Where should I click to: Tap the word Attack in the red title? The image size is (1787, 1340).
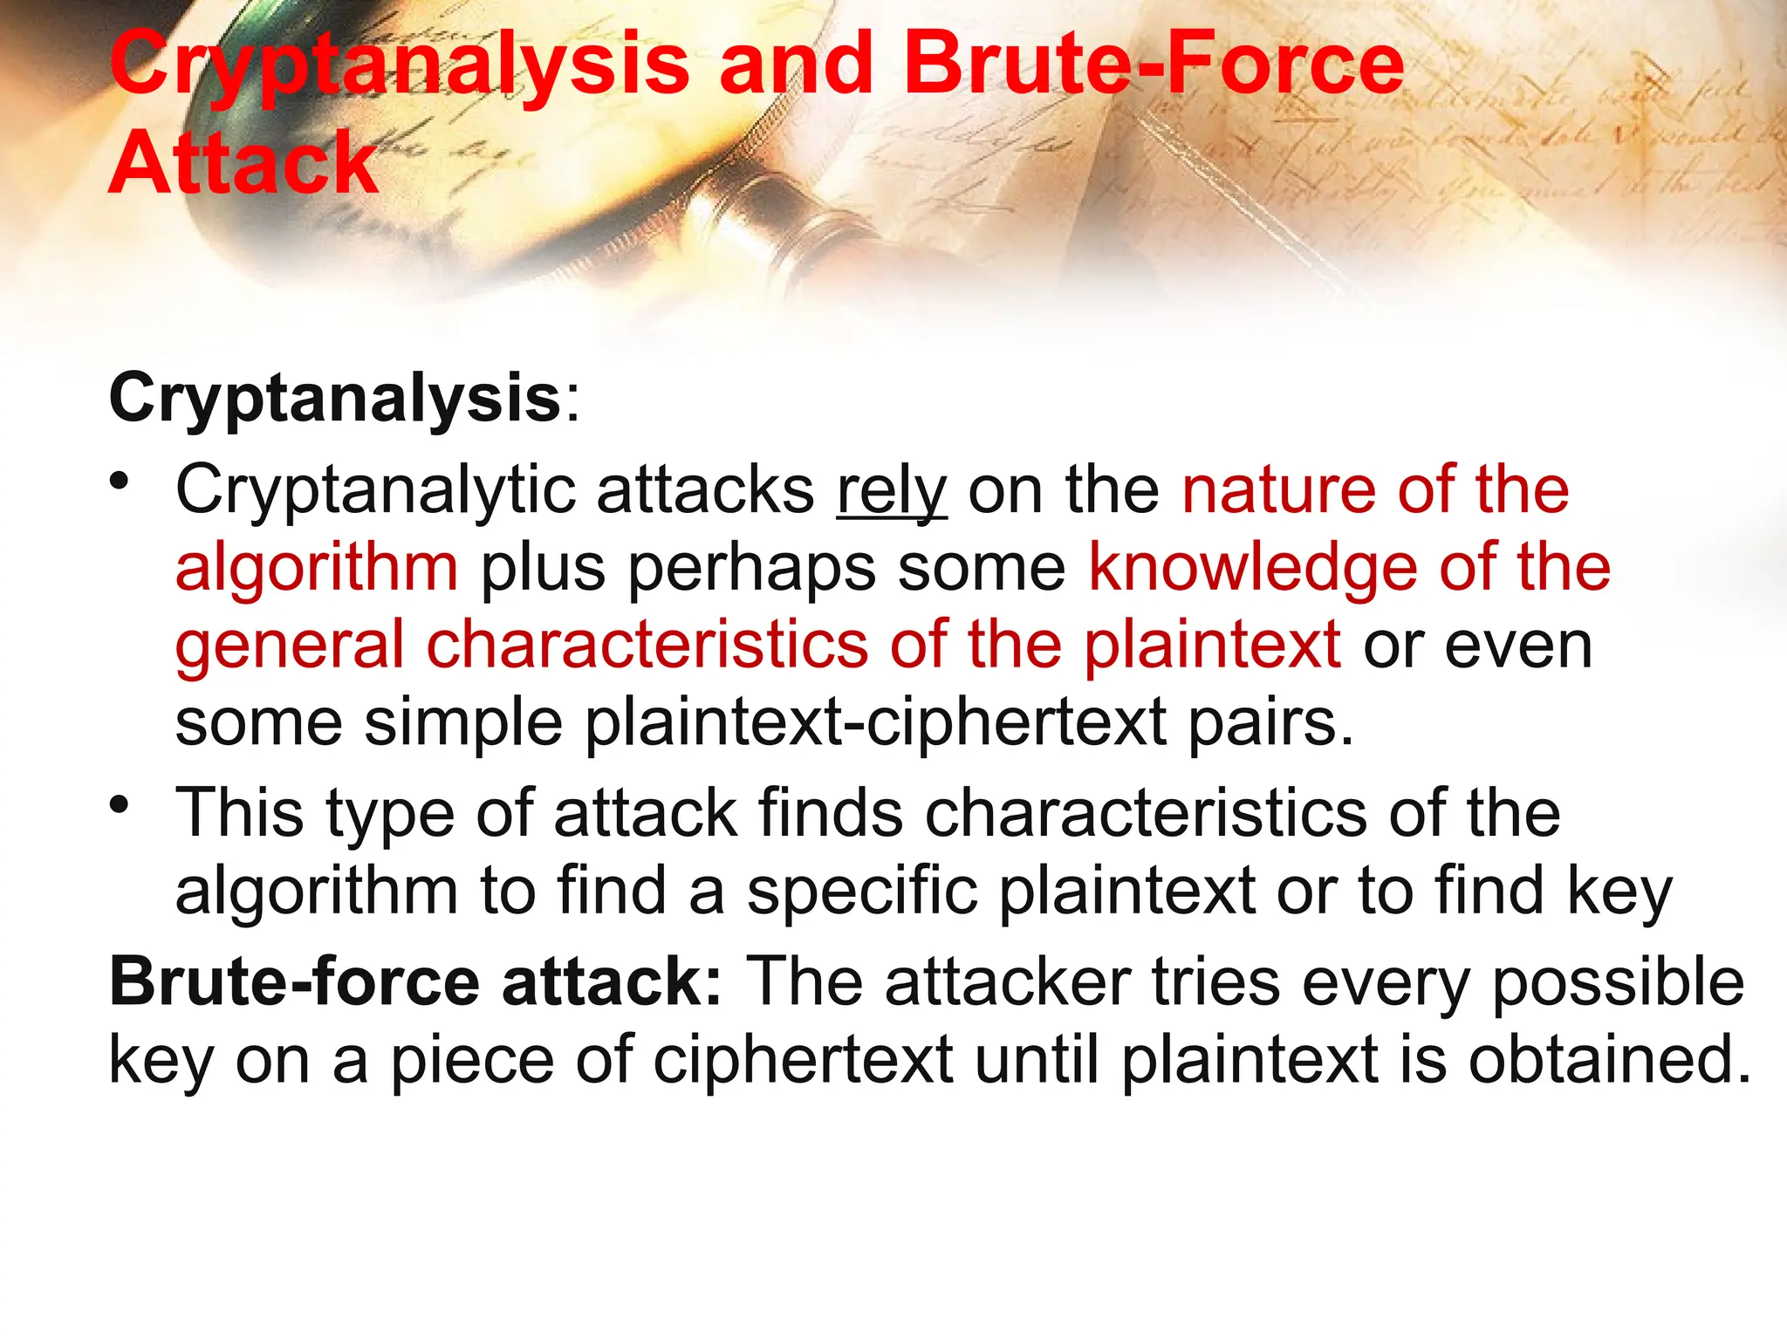[x=243, y=163]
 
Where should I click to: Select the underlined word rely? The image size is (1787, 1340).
[x=892, y=490]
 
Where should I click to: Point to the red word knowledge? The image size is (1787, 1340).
[x=1252, y=567]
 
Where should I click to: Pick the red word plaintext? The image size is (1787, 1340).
[x=1212, y=645]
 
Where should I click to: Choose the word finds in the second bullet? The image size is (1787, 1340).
[x=830, y=813]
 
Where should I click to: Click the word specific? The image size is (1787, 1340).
[x=861, y=891]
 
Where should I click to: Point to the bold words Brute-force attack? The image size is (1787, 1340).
[x=415, y=982]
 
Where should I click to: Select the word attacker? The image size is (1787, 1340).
[x=1008, y=982]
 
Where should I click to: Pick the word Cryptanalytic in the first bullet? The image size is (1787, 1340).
[x=375, y=490]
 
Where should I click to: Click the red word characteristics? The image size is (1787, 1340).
[x=647, y=645]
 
